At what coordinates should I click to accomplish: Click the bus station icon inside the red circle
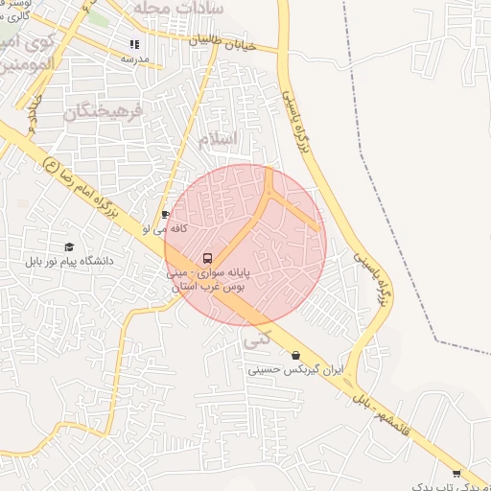(207, 258)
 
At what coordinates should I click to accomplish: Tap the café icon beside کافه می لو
(166, 215)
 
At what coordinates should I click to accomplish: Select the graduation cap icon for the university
(68, 246)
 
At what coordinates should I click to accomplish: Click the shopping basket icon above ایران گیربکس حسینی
(295, 355)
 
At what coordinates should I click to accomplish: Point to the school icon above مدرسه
(134, 44)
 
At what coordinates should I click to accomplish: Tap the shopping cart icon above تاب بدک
(456, 473)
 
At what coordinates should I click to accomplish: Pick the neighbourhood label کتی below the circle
(258, 339)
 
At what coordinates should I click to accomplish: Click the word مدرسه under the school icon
(134, 58)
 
